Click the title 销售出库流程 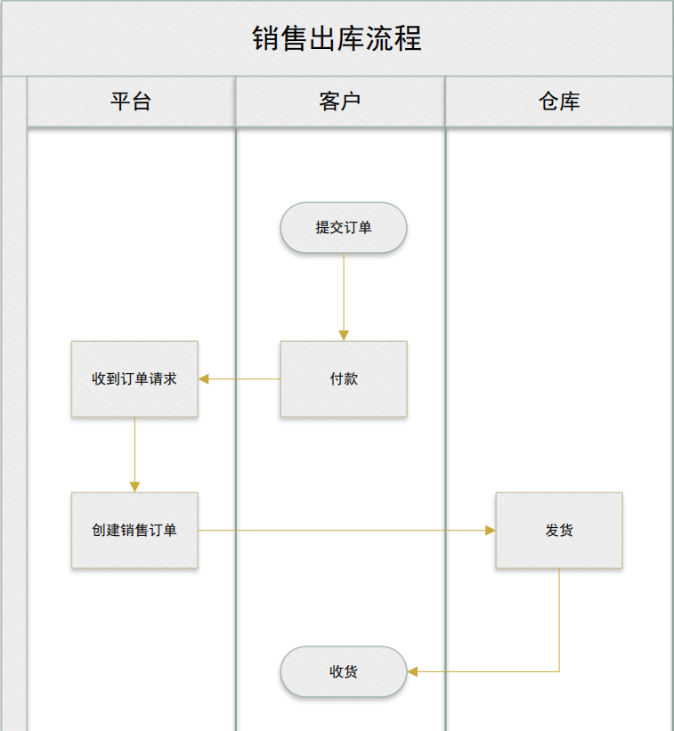(x=337, y=39)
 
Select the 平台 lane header (x=131, y=102)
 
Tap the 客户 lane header (x=340, y=102)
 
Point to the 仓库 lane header (x=559, y=102)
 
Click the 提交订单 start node (x=344, y=228)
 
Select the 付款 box (x=344, y=379)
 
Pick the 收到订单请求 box (x=134, y=379)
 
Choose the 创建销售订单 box (x=134, y=531)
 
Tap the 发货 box (x=559, y=531)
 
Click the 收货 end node (x=344, y=671)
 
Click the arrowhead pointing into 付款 (x=344, y=336)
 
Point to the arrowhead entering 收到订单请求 (x=204, y=379)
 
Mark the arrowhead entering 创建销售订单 (x=134, y=487)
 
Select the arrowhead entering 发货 (x=490, y=531)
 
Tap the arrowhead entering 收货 (x=413, y=671)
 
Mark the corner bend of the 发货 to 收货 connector (x=559, y=671)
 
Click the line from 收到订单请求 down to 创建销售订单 (x=134, y=450)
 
